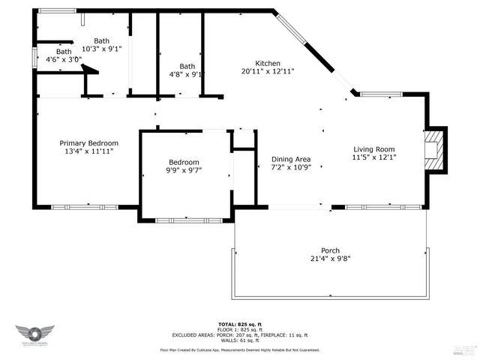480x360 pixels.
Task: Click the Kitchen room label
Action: (x=268, y=63)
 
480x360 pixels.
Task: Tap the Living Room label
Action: (x=373, y=148)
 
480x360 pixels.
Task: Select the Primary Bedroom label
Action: (x=89, y=143)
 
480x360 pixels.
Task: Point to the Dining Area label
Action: (x=292, y=159)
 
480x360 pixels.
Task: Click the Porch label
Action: (x=330, y=250)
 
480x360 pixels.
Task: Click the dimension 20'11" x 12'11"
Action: (x=268, y=72)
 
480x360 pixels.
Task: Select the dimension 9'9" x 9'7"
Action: (x=184, y=171)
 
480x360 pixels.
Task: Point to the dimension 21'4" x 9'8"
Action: (x=330, y=259)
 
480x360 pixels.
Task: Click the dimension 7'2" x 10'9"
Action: (x=292, y=168)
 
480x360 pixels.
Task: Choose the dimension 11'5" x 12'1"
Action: (x=373, y=157)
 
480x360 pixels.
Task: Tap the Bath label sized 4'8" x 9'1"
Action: (x=187, y=66)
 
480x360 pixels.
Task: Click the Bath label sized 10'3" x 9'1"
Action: (x=102, y=40)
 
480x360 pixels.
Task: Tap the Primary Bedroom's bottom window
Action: (x=84, y=206)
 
